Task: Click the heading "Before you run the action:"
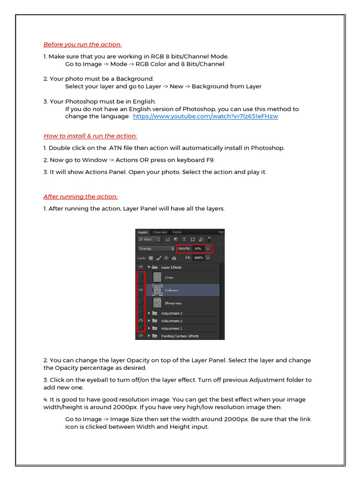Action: click(x=82, y=45)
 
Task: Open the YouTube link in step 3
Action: click(x=205, y=116)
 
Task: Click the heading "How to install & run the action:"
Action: click(x=90, y=136)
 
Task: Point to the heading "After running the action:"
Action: click(x=81, y=196)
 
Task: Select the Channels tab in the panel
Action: click(x=160, y=232)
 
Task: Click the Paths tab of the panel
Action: click(x=177, y=232)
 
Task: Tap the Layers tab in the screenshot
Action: click(x=142, y=232)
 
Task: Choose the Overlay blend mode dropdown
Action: click(x=156, y=248)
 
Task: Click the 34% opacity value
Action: click(x=197, y=248)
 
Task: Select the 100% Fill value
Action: click(x=198, y=258)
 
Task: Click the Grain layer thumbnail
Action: click(x=157, y=277)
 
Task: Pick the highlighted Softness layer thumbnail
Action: click(x=157, y=290)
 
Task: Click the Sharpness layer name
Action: click(x=172, y=303)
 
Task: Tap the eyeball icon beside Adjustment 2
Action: click(x=141, y=321)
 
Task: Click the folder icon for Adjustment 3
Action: click(x=155, y=313)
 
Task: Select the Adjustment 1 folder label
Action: click(x=172, y=328)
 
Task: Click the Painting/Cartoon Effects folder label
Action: click(x=180, y=336)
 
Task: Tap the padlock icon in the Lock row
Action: click(x=174, y=258)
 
